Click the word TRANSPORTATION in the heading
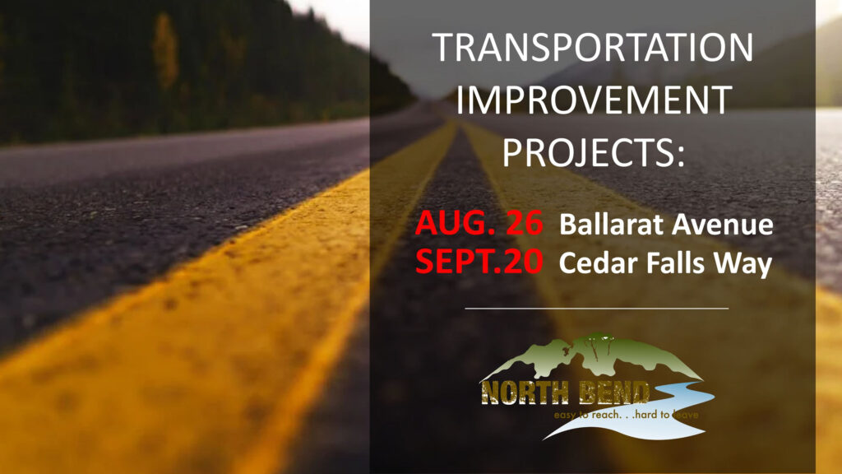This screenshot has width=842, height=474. [592, 47]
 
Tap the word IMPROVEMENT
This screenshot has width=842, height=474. [594, 100]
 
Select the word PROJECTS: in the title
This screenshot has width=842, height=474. [594, 152]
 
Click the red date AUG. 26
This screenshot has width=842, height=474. [479, 223]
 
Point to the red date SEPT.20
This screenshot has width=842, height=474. [479, 262]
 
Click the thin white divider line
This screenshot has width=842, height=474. [597, 309]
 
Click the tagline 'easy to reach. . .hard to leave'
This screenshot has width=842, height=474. [626, 415]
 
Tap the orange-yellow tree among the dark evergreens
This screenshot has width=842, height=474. [164, 50]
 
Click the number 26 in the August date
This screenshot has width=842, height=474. [525, 223]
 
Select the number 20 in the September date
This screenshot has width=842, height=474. [524, 262]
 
